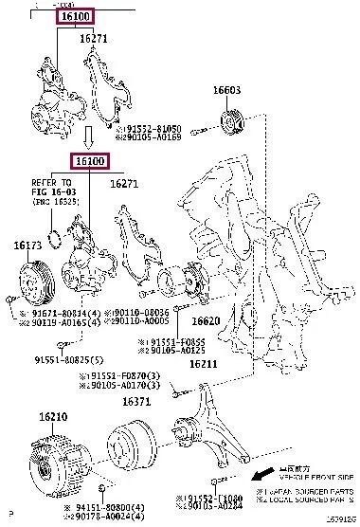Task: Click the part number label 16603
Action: pyautogui.click(x=225, y=91)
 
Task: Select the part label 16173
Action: pyautogui.click(x=27, y=245)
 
